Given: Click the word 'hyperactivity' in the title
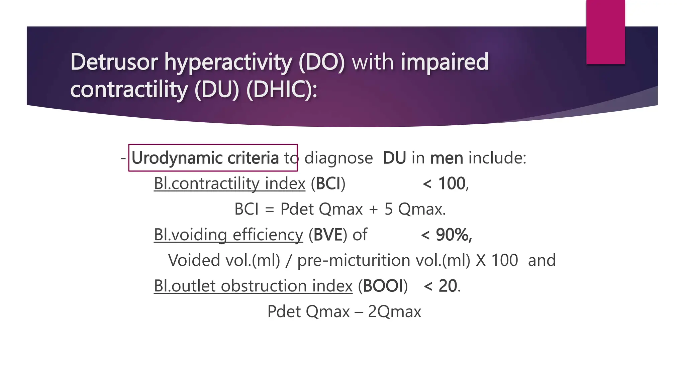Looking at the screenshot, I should coord(228,62).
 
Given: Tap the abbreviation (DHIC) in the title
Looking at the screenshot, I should coord(282,90).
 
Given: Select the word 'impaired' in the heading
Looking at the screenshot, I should coord(445,62).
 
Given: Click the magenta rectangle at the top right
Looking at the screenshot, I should coord(605,32).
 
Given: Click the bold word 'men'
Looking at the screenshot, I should coord(447,158).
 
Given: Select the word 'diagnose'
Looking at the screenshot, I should coord(338,158).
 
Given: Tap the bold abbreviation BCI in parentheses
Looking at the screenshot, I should coord(328,183).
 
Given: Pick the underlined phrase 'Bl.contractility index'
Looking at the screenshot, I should coord(229,183).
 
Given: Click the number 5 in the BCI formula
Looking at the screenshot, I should coord(388,209).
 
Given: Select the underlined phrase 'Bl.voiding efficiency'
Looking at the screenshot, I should coord(228,235).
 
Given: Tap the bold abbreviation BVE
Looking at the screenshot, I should coord(328,235).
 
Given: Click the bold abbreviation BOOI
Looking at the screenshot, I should coord(383,286).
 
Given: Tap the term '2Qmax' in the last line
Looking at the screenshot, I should coord(394,311).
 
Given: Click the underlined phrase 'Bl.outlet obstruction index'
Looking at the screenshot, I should coord(253,286).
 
